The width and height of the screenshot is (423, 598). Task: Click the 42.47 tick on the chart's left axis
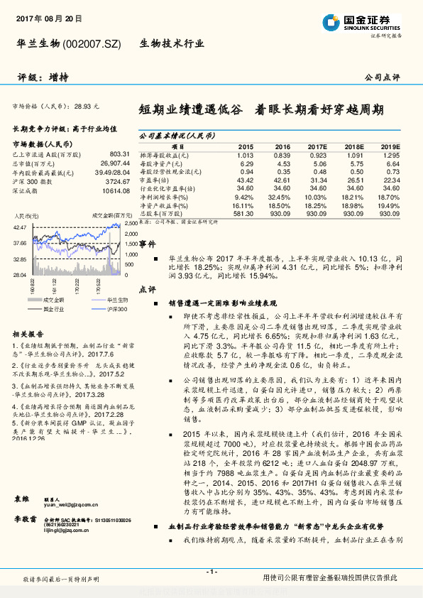(20, 227)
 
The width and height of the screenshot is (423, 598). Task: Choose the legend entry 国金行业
(50, 310)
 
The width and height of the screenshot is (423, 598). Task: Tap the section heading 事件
(146, 244)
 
